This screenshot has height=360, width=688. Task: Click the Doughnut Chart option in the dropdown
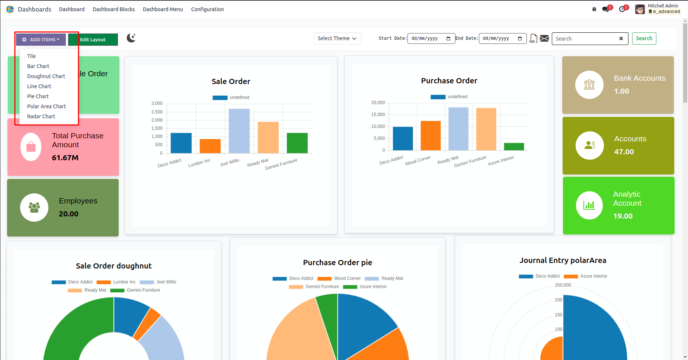[x=46, y=76]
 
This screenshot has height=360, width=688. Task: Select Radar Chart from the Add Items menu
[x=41, y=116]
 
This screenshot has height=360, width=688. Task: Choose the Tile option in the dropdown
[x=31, y=56]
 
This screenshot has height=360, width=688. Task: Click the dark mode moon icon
[x=131, y=38]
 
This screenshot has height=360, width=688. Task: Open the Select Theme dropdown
[x=337, y=38]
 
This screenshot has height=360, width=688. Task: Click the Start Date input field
[x=431, y=38]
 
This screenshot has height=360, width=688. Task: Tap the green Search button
[x=644, y=38]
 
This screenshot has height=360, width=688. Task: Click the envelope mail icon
[x=544, y=38]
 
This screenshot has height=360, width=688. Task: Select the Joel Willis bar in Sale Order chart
[x=239, y=131]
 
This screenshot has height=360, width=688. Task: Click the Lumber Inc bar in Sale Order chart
[x=210, y=146]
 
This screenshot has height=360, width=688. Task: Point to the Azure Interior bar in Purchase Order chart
[x=514, y=147]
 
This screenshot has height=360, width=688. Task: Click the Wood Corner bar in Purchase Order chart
[x=431, y=135]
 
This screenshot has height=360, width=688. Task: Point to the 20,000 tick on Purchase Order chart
[x=378, y=103]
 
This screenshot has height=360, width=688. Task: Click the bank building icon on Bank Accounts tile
[x=589, y=85]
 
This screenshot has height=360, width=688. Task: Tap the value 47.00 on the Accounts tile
[x=624, y=152]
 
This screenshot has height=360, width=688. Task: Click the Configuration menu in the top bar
[x=207, y=9]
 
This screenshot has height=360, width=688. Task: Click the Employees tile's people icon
[x=34, y=208]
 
